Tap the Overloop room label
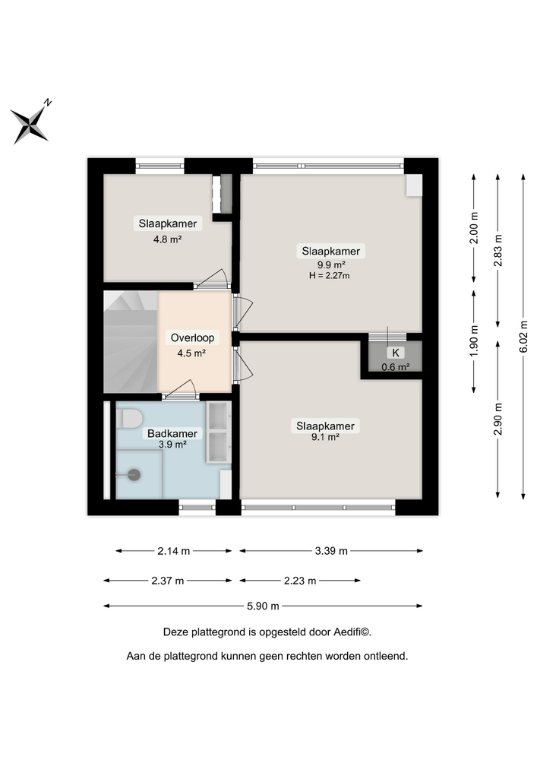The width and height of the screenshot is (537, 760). [192, 338]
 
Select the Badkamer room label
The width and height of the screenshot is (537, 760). [172, 433]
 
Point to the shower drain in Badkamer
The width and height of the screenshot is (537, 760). [134, 474]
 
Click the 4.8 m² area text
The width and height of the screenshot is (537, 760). [167, 238]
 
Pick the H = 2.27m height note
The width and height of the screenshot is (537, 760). [330, 276]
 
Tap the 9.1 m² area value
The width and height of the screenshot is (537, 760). [325, 438]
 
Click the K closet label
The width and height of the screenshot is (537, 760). [395, 353]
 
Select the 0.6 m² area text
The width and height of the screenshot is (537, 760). [395, 366]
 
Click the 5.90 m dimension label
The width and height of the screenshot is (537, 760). [264, 606]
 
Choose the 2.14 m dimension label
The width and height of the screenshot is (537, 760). [174, 551]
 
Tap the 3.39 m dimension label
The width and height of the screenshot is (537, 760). [331, 551]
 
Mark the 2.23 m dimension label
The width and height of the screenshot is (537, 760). [300, 581]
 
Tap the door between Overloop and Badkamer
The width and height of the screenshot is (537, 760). [181, 392]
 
